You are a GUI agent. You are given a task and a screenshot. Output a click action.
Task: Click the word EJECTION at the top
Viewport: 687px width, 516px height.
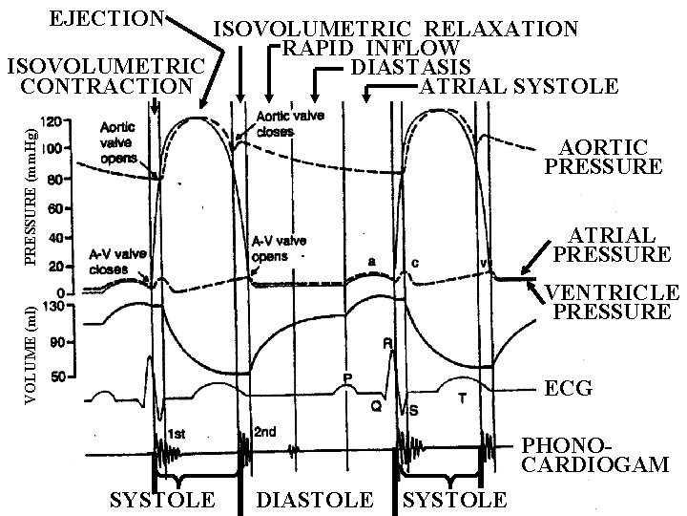pos(107,19)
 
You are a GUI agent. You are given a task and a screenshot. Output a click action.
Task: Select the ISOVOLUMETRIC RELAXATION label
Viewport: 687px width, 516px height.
pos(394,29)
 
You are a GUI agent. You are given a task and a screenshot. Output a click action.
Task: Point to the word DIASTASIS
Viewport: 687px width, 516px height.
pos(410,67)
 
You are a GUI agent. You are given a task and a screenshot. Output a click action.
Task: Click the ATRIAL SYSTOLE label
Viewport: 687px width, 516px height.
pos(518,87)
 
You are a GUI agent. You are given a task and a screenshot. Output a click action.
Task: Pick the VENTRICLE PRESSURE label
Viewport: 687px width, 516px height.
pos(612,302)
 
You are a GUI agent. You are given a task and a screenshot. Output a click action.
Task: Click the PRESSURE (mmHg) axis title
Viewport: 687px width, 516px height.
pos(31,191)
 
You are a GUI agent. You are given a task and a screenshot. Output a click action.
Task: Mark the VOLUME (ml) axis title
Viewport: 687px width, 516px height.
pos(31,354)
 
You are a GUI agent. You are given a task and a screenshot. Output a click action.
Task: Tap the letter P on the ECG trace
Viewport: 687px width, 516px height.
pos(348,378)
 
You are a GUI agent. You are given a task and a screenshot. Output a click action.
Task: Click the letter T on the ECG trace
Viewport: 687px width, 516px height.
pos(462,397)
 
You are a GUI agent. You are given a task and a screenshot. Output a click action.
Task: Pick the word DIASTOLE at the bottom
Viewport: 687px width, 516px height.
pos(315,500)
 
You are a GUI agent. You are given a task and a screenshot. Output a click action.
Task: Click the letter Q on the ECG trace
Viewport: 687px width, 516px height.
pos(376,405)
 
